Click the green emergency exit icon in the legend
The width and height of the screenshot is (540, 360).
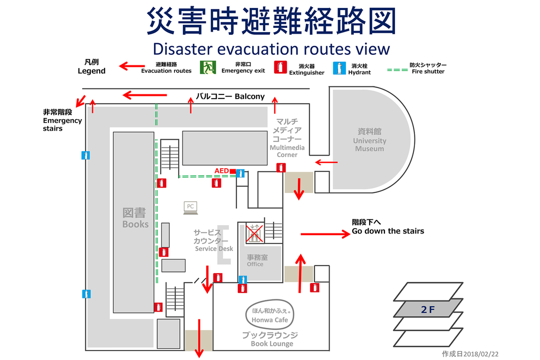[x=208, y=67]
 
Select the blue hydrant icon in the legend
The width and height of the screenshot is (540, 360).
[x=339, y=68]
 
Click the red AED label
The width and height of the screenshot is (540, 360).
[x=222, y=171]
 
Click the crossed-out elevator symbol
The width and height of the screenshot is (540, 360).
[x=254, y=233]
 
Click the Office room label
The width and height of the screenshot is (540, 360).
[x=257, y=260]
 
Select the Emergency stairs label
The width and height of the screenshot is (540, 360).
[x=62, y=120]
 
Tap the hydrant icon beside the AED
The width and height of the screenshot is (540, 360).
[x=240, y=173]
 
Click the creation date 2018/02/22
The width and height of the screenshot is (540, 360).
[x=470, y=354]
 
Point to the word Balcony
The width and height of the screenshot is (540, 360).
[x=249, y=96]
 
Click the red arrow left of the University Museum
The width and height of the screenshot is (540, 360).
[x=326, y=162]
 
